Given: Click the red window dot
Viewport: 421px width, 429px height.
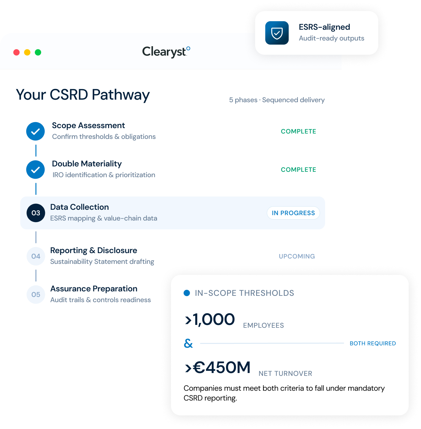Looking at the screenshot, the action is coord(16,52).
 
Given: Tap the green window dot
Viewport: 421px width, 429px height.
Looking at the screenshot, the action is coord(38,52).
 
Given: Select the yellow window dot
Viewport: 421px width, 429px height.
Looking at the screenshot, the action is coord(27,52).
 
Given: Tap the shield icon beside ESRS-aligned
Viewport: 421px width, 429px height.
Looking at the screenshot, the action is coord(277,33).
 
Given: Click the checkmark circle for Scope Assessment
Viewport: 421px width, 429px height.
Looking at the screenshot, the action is coord(35,131).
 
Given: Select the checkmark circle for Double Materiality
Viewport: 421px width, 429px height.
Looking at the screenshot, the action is coord(35,170).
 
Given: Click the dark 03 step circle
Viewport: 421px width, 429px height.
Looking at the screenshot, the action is coord(36,213).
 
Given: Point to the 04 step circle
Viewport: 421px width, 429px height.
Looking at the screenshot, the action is coord(36,256).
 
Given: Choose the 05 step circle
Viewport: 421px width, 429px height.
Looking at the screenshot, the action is coord(36,295).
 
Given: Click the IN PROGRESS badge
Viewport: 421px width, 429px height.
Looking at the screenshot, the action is coord(293,213).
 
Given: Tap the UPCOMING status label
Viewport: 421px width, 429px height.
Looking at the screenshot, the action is coord(297,256).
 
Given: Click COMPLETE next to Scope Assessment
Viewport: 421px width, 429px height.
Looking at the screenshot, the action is coord(298,131).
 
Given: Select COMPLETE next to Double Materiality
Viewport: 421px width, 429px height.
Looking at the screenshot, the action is coord(298,170).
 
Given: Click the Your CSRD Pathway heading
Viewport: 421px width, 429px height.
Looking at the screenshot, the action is coord(83,95).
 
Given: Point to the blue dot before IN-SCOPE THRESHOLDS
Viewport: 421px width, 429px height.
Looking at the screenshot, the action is coord(187,293).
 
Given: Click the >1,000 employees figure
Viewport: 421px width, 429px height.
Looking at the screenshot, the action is coord(210,319).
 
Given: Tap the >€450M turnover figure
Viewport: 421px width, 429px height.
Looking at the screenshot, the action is coord(217,367).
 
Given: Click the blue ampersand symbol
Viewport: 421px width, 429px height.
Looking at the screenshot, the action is coord(188,343).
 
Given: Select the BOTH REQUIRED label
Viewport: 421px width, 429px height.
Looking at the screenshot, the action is coord(373,343).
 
